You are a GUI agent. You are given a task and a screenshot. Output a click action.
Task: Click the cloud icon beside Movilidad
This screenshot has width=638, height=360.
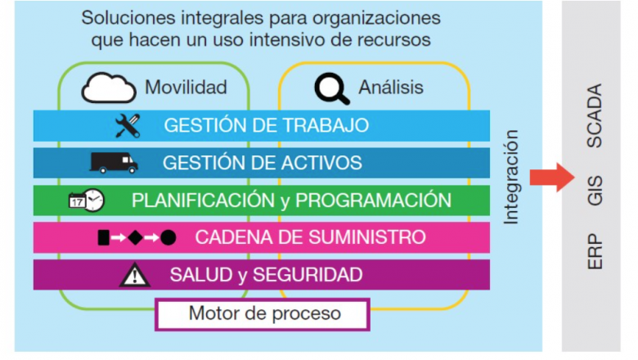coord(109,88)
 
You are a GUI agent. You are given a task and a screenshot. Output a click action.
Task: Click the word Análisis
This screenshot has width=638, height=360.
coord(392,88)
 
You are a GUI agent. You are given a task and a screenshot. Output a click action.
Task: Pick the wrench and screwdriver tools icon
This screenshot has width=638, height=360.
coord(128,125)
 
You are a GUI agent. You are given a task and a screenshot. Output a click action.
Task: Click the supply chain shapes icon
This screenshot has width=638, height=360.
coord(136,238)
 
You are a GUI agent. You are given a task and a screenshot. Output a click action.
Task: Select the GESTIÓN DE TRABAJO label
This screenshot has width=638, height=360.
coord(266,126)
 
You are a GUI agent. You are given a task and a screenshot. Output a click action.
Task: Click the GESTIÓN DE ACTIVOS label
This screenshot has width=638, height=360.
coord(262,163)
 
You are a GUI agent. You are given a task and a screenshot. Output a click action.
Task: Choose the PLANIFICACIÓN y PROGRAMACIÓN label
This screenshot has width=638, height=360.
coord(291,200)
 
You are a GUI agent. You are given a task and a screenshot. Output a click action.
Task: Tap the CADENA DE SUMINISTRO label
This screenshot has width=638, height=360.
coord(310,238)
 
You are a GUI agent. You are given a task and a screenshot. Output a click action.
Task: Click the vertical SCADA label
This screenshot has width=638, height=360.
coord(595,115)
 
